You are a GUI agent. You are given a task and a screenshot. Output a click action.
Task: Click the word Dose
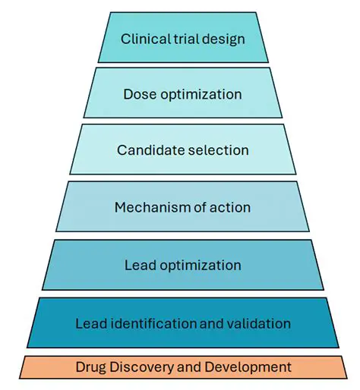(x=138, y=95)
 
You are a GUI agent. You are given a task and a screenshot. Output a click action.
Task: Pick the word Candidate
(x=147, y=150)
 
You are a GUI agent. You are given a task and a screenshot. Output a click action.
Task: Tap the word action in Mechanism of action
(x=231, y=207)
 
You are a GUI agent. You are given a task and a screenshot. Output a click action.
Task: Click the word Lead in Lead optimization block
(x=138, y=266)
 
